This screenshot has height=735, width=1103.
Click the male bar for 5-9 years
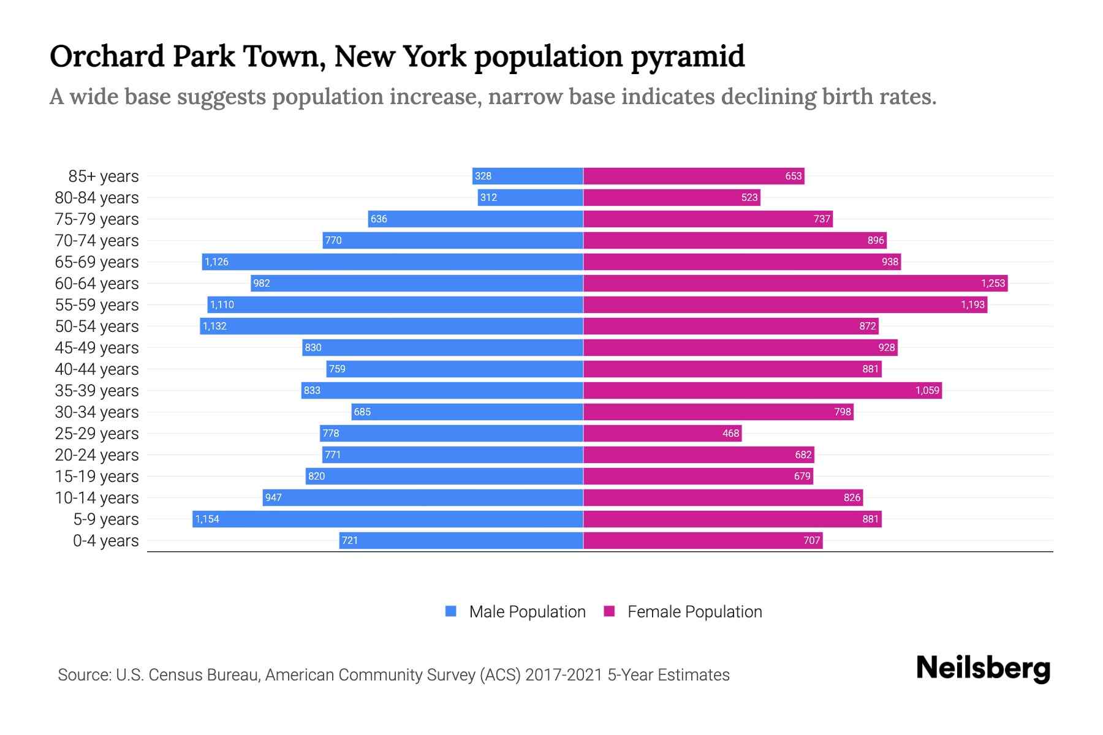pos(387,519)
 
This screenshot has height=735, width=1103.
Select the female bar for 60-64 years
pos(795,284)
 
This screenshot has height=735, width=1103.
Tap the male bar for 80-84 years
pos(531,198)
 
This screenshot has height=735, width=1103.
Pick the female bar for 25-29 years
pos(662,434)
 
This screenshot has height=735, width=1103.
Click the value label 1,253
pos(993,284)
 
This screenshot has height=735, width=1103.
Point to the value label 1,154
pos(207,519)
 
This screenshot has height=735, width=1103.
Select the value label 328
pos(483,176)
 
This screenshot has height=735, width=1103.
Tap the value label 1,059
pos(927,391)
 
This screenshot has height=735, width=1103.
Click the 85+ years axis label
pos(104,176)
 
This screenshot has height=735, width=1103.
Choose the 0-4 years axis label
pos(105,541)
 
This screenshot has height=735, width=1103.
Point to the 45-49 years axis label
pos(97,348)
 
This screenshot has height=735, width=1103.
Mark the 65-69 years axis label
pos(97,262)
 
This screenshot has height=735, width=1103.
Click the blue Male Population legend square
pos(451,611)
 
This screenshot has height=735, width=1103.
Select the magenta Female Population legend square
pos(609,611)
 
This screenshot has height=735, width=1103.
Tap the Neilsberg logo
pos(983,668)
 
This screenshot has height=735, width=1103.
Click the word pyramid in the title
pos(688,57)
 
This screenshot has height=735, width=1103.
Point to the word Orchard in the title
pos(107,56)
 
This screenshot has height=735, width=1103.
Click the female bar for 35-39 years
pos(762,391)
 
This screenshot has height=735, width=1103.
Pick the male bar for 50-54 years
pos(392,326)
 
